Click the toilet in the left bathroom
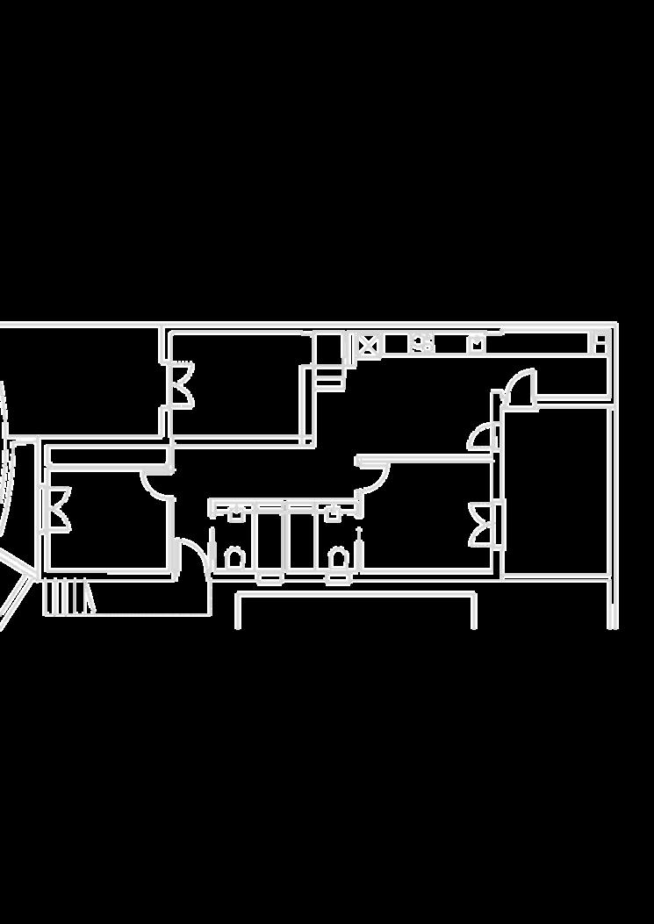coord(234,556)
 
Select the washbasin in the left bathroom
coord(236,513)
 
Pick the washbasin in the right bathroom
coord(334,513)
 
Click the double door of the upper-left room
coord(183,383)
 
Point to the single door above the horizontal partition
coord(482,436)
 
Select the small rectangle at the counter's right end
coord(601,342)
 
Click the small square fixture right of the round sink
coord(477,343)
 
